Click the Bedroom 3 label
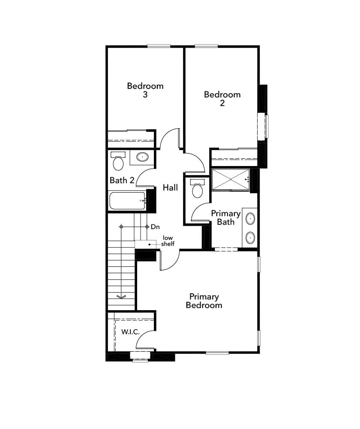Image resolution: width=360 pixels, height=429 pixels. pyautogui.click(x=145, y=90)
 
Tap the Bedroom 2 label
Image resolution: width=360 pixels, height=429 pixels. pyautogui.click(x=222, y=99)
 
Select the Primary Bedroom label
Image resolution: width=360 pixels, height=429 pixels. pyautogui.click(x=204, y=301)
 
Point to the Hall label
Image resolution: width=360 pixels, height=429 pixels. pyautogui.click(x=170, y=188)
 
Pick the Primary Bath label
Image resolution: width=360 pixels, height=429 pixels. pyautogui.click(x=226, y=218)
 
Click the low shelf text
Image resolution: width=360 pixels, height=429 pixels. pyautogui.click(x=168, y=241)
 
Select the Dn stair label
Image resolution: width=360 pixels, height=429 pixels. pyautogui.click(x=156, y=227)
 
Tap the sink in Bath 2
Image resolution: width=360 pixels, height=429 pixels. pyautogui.click(x=143, y=157)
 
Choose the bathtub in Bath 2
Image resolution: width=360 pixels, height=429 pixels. pyautogui.click(x=127, y=201)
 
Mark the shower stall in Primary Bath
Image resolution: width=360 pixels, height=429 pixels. pyautogui.click(x=230, y=179)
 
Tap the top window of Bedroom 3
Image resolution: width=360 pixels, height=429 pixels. pyautogui.click(x=159, y=46)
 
